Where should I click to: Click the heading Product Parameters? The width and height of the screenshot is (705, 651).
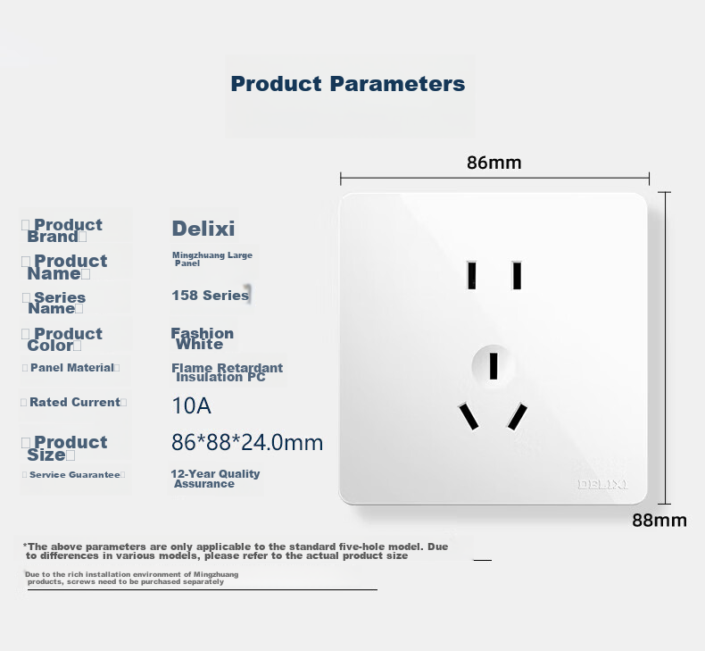[x=347, y=84]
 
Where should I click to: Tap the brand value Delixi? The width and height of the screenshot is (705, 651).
[x=203, y=228]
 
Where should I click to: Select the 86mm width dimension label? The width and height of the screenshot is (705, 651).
[x=493, y=163]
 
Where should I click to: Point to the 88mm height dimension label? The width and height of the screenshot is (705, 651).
[x=659, y=520]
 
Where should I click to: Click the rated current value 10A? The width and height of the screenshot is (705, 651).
[x=191, y=405]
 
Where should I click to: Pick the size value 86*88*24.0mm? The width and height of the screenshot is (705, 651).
[x=247, y=442]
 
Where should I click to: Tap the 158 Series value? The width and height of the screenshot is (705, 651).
[x=210, y=295]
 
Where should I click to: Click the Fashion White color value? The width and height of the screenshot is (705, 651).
[x=203, y=338]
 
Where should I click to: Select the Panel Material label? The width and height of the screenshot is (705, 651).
[x=72, y=368]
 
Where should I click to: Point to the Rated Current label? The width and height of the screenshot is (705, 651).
[x=75, y=402]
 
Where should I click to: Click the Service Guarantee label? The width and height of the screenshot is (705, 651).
[x=75, y=475]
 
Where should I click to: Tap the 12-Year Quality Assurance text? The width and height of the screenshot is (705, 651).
[x=215, y=479]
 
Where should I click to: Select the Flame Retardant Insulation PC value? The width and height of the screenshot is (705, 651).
[x=227, y=372]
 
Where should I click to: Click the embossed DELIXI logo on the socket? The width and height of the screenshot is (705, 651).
[x=602, y=485]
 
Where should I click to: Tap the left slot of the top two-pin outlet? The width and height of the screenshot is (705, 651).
[x=472, y=275]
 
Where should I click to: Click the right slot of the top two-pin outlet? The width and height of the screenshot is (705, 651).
[x=517, y=275]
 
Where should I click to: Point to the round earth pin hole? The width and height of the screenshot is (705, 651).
[x=493, y=366]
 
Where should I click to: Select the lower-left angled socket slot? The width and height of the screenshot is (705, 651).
[x=469, y=416]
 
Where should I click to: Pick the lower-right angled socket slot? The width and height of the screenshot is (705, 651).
[x=517, y=417]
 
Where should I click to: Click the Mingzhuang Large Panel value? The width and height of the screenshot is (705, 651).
[x=212, y=259]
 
